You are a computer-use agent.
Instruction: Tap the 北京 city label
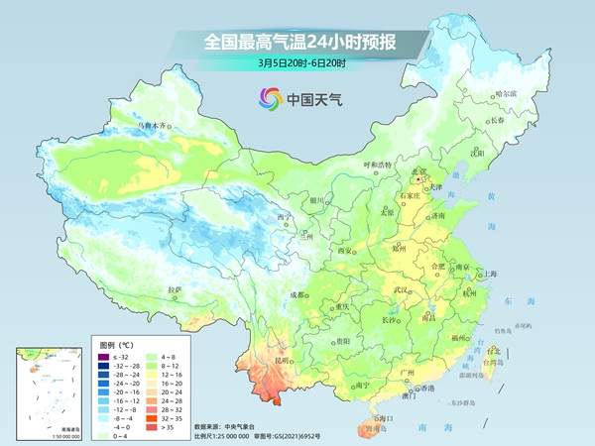click(x=418, y=172)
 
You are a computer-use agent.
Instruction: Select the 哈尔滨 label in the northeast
click(x=506, y=93)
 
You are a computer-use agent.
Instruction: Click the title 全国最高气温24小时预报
click(x=297, y=42)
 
